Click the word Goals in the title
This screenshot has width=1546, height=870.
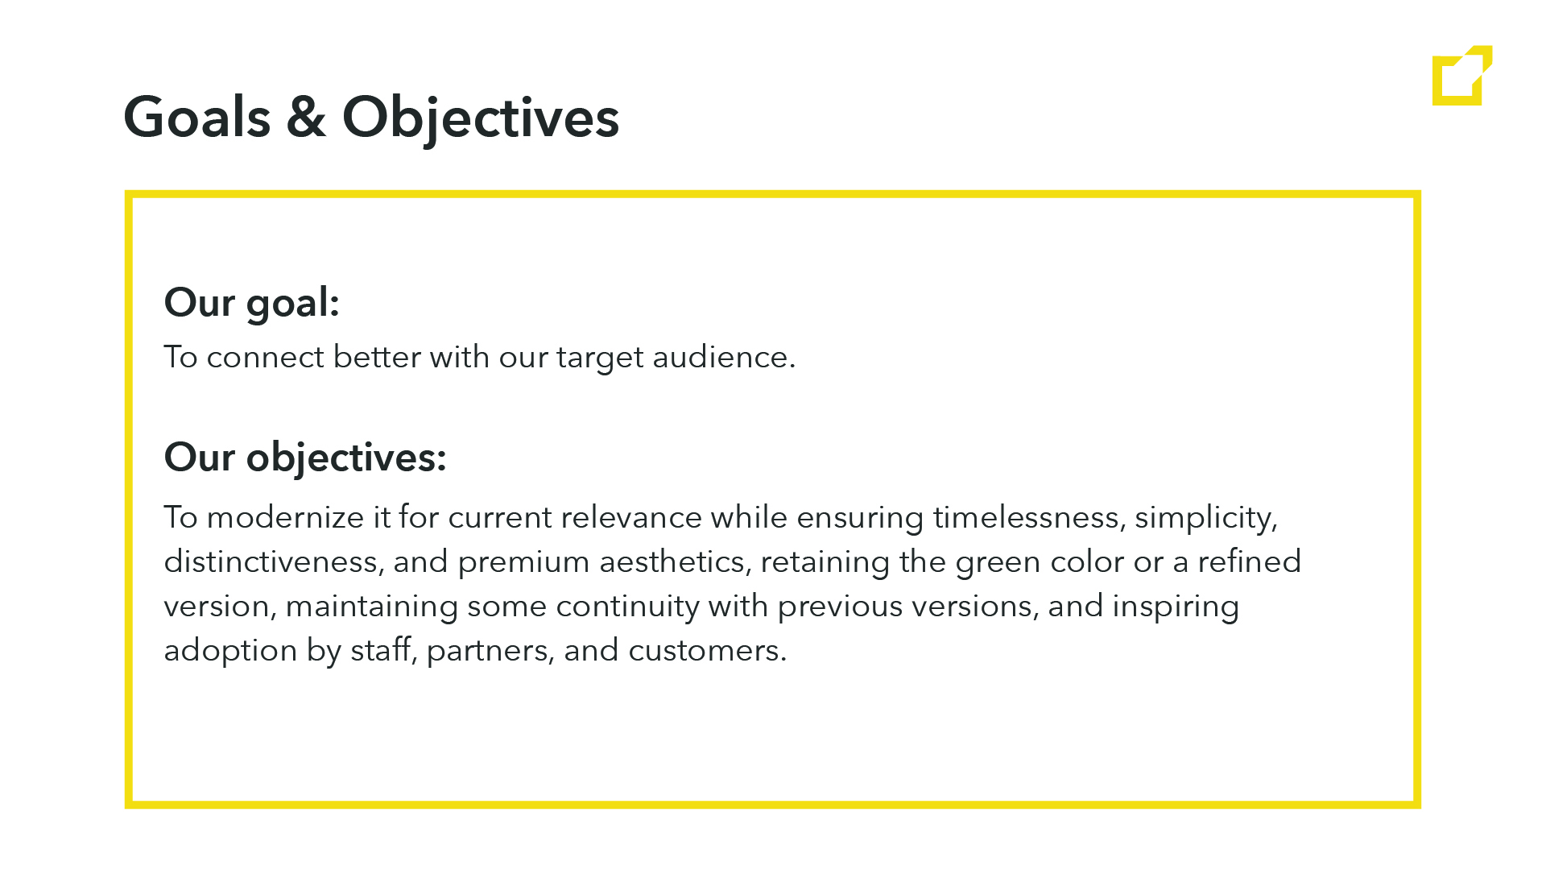[x=197, y=118]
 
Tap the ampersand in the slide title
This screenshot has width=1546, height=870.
[x=306, y=118]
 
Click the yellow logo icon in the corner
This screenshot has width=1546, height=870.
[x=1462, y=75]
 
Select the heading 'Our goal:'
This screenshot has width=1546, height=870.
[x=252, y=304]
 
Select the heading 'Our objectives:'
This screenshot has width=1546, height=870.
[x=305, y=458]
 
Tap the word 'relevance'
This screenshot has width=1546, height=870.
[x=631, y=517]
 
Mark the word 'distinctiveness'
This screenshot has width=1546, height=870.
[x=271, y=561]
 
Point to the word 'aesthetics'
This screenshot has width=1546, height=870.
[x=672, y=561]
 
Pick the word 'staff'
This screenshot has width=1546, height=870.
[x=380, y=650]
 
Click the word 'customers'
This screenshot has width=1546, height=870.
[x=703, y=651]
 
